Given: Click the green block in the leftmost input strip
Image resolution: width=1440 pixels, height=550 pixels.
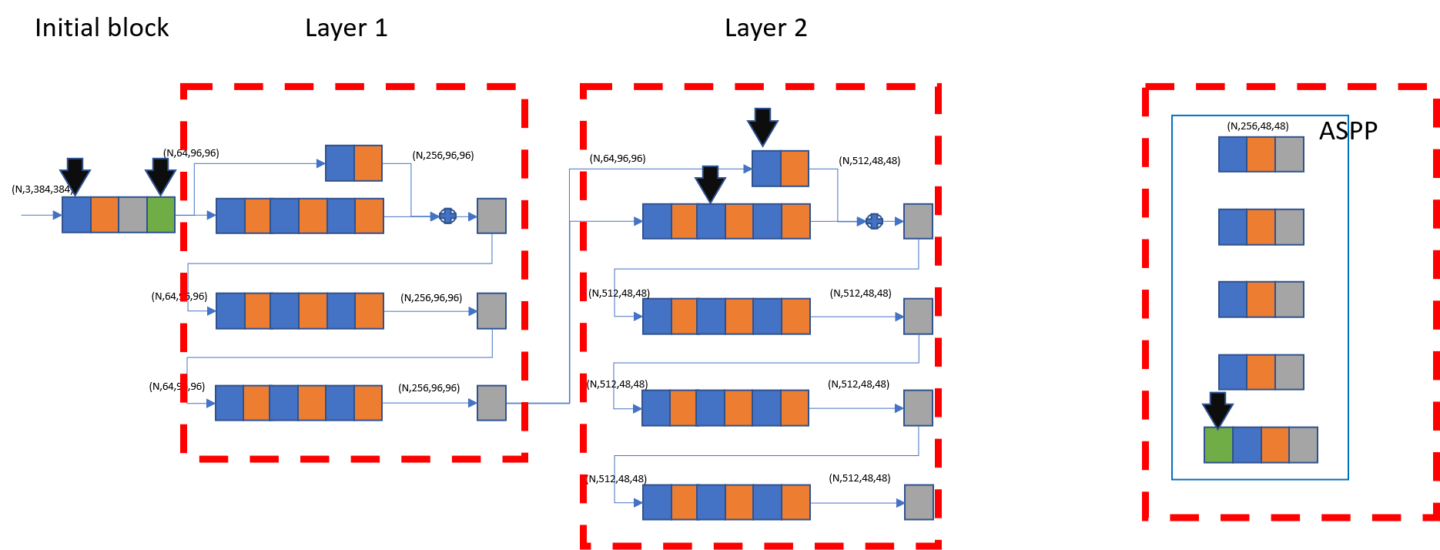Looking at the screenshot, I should [161, 215].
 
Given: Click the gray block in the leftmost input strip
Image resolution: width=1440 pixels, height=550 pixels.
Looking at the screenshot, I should [132, 215].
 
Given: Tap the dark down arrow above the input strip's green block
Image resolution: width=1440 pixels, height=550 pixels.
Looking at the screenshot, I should [160, 176].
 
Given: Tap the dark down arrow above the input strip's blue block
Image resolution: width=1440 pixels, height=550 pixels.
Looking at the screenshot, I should [75, 176].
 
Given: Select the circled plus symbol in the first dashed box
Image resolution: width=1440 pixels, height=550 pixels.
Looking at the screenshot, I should [448, 216].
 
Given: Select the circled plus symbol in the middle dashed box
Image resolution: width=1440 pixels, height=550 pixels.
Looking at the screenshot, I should [874, 222].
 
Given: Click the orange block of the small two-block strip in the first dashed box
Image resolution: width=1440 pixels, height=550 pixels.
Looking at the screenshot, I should [368, 163].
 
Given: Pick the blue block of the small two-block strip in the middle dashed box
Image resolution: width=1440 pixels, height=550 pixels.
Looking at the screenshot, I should [766, 169].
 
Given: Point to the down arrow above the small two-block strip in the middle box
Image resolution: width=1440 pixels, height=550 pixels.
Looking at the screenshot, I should [762, 127].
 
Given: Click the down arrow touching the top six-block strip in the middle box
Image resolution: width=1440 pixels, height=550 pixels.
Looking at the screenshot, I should [710, 184].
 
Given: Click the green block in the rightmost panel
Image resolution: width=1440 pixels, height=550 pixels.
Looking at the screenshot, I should [1218, 445].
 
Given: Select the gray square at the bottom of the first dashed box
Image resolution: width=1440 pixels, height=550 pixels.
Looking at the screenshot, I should [491, 403].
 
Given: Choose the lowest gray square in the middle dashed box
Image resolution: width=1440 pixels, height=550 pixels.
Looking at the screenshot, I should [919, 502].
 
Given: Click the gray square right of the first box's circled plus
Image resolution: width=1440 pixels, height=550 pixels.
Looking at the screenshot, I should [491, 216].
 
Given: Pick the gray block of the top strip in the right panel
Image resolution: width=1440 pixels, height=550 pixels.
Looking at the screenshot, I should [1289, 154].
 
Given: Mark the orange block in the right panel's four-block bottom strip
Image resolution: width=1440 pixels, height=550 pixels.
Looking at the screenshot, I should [1275, 445].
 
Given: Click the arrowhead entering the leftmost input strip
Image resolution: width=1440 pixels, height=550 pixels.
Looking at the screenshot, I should [56, 215].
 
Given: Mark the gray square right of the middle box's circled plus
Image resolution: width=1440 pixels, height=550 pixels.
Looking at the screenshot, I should [918, 222].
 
